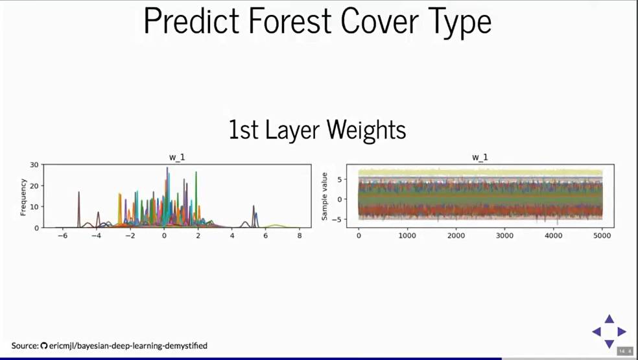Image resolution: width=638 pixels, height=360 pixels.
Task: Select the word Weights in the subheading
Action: coord(366,130)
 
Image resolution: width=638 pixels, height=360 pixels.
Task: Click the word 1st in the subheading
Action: coord(244,130)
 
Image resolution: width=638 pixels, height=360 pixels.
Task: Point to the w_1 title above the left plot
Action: coord(177,157)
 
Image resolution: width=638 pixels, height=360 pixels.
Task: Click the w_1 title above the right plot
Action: coord(480,157)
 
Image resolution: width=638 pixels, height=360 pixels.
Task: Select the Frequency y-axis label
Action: coord(23,197)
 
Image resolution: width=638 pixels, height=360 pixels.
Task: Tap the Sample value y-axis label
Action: coord(324,197)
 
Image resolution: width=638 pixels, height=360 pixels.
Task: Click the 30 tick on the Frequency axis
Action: coord(34,165)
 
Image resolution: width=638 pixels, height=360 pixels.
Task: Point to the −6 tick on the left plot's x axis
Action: coord(62,235)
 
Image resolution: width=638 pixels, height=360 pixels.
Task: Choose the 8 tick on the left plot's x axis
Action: coord(300,235)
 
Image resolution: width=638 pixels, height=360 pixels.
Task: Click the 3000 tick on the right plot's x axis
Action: coord(504,235)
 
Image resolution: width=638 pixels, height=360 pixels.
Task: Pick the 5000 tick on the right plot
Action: coord(602,235)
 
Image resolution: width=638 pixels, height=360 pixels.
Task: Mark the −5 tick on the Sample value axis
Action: coord(338,219)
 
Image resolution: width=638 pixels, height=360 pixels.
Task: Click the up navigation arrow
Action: coord(609,319)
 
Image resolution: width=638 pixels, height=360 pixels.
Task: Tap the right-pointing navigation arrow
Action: coord(622,331)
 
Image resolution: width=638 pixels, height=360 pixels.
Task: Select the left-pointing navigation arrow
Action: coord(597,331)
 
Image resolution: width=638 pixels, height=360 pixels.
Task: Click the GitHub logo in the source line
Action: coord(44,346)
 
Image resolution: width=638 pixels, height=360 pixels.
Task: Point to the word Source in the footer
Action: coord(25,346)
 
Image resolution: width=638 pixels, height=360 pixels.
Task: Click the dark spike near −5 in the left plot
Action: coord(79,210)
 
